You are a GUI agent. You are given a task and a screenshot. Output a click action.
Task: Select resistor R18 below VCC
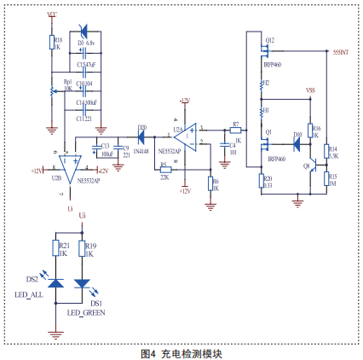coord(52,43)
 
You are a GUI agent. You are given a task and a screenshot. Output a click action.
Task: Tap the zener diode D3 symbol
coord(84,33)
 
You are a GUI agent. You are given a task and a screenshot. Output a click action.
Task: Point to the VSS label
coord(311,90)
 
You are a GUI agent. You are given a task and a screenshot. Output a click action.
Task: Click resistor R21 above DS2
coord(55,249)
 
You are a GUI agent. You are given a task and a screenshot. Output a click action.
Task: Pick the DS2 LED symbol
coord(55,284)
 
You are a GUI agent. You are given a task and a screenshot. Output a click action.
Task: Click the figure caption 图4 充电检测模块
coord(181,352)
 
